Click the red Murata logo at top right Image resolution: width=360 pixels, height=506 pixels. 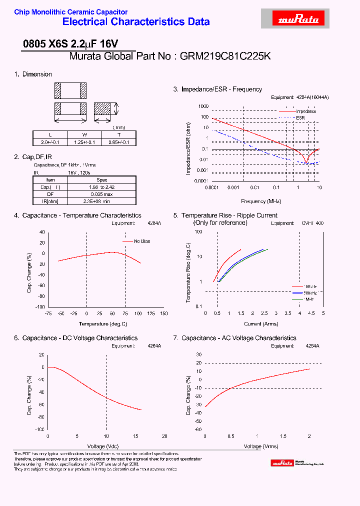coord(293,19)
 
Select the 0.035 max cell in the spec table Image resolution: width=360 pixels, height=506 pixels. coord(101,194)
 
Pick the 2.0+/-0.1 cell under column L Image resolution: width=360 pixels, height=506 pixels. coord(50,142)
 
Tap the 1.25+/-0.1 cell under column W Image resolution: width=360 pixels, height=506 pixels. coord(84,142)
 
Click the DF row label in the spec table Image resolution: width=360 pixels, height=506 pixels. coord(50,194)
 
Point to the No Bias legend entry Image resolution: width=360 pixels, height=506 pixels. coord(142,241)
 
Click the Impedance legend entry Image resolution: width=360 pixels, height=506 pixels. coord(306,111)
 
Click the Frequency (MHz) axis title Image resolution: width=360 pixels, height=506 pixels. coord(261,201)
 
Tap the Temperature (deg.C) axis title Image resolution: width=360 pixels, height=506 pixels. coord(106,323)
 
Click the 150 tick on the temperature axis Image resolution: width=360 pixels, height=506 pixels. coord(163,313)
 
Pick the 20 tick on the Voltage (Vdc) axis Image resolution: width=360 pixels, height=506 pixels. coord(164,436)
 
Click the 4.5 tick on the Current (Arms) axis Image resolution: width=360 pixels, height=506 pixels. coord(311,313)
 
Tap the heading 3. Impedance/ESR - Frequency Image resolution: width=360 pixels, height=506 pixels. coord(217,89)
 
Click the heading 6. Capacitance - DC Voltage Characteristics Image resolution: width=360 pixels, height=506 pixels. coord(75,338)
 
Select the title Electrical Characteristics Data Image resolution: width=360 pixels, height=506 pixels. coord(136,22)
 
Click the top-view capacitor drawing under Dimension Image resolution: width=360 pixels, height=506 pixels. coord(69,90)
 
